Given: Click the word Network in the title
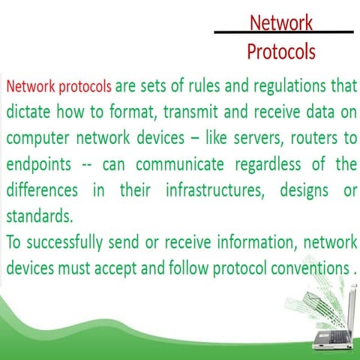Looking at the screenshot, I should pyautogui.click(x=281, y=22).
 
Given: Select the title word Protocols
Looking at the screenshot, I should pyautogui.click(x=281, y=52).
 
